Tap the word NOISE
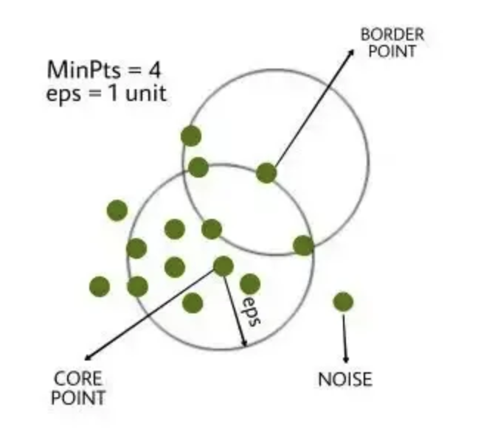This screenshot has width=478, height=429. tap(344, 380)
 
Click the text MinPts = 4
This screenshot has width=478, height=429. tap(104, 71)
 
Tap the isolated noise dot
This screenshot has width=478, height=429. tap(343, 301)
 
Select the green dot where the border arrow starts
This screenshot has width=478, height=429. tap(266, 173)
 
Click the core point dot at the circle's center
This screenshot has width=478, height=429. tap(223, 265)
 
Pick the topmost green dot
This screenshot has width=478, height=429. tap(191, 136)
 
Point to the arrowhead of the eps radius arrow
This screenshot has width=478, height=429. tap(243, 343)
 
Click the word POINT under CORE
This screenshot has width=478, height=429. tap(78, 398)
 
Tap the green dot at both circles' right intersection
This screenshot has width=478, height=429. tap(303, 245)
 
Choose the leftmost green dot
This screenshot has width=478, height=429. tap(100, 286)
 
